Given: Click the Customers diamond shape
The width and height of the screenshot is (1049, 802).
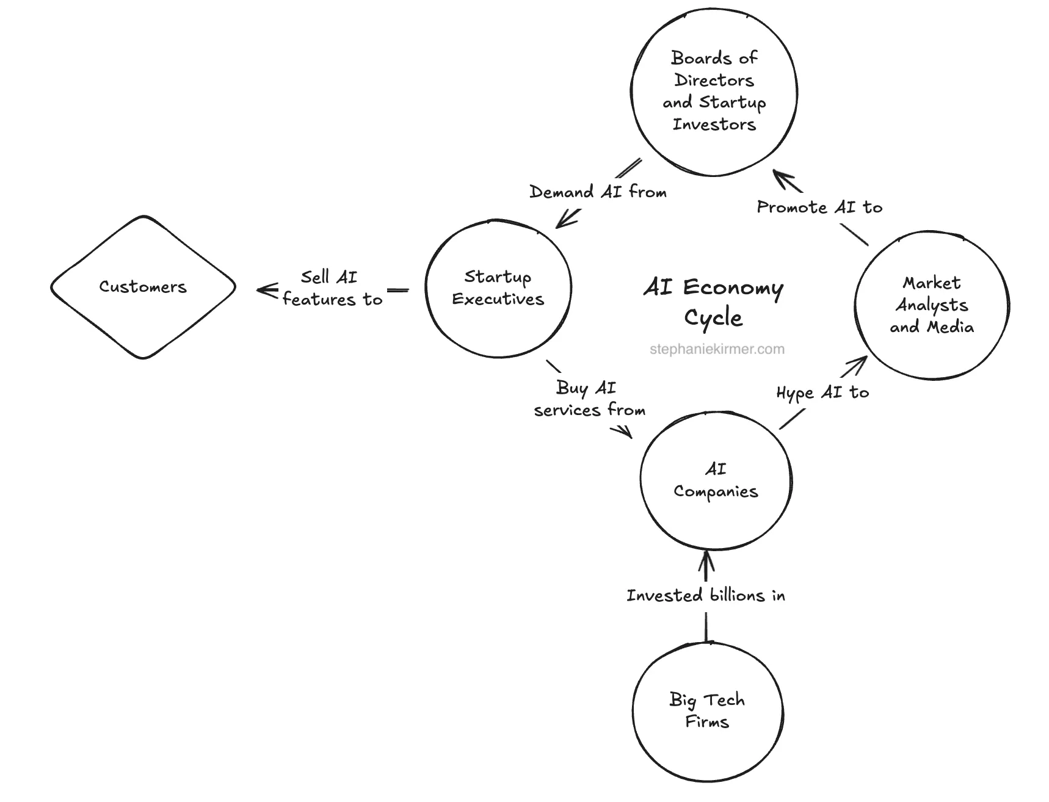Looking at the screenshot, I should coord(143,287).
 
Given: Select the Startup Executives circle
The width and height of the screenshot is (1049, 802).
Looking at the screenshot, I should coord(498,288).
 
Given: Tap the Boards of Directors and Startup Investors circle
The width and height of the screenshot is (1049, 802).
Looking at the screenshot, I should coord(714,92).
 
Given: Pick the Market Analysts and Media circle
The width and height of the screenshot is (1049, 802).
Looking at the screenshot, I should coord(931,305).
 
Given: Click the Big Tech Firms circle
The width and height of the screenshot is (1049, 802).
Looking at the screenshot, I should coord(707,711).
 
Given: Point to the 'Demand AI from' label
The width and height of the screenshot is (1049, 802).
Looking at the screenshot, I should coord(598,192).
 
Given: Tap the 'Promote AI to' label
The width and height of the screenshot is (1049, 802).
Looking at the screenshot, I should coord(819,208).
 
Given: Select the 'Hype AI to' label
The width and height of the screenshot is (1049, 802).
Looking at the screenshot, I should coord(822,393).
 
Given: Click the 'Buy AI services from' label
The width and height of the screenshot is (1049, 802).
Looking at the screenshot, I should coord(589,399).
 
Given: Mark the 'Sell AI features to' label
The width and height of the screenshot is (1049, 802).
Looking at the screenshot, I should coord(332,288).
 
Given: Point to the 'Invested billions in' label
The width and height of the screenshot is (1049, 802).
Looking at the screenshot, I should coord(706,596).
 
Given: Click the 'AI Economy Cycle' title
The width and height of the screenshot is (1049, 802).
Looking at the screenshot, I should coord(713,302).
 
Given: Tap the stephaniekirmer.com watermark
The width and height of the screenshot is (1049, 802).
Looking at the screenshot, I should coord(717,350).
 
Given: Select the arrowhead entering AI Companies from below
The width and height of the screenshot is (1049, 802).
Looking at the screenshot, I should coord(706,558).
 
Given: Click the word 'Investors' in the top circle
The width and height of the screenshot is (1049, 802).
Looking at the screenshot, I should coord(714,125).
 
